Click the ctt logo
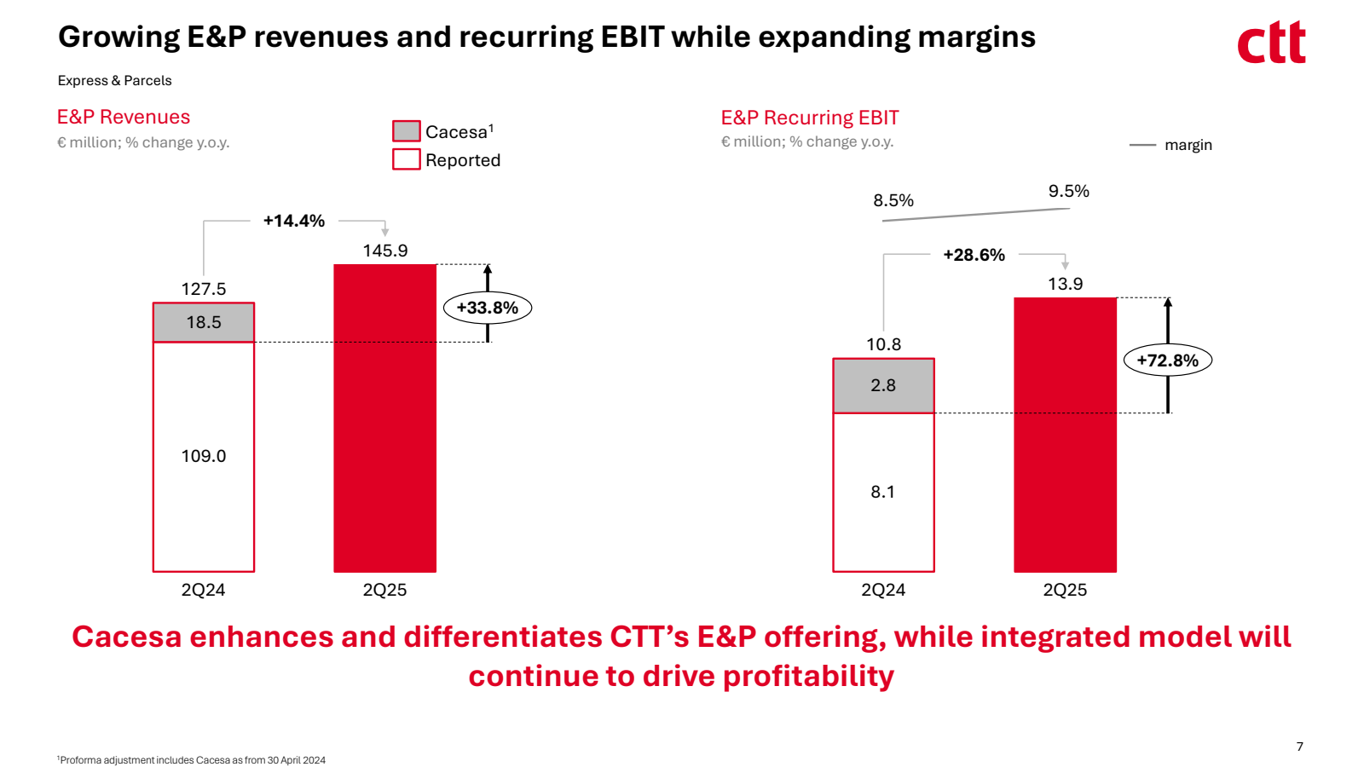click(1271, 43)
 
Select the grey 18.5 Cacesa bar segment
click(204, 322)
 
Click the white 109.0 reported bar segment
click(204, 456)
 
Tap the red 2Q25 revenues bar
click(384, 418)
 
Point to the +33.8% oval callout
click(488, 308)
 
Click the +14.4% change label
click(294, 221)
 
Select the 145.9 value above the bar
click(385, 251)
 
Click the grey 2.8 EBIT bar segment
click(883, 385)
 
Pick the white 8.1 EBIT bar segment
click(883, 492)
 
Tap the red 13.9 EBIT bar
click(1065, 435)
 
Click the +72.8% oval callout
click(1168, 360)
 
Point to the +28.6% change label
click(974, 255)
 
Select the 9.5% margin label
click(1069, 191)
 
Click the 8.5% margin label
click(893, 200)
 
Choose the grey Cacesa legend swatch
click(407, 131)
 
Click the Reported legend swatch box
click(407, 159)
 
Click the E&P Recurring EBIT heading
click(810, 118)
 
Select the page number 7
click(1300, 747)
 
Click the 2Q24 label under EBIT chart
click(883, 590)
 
